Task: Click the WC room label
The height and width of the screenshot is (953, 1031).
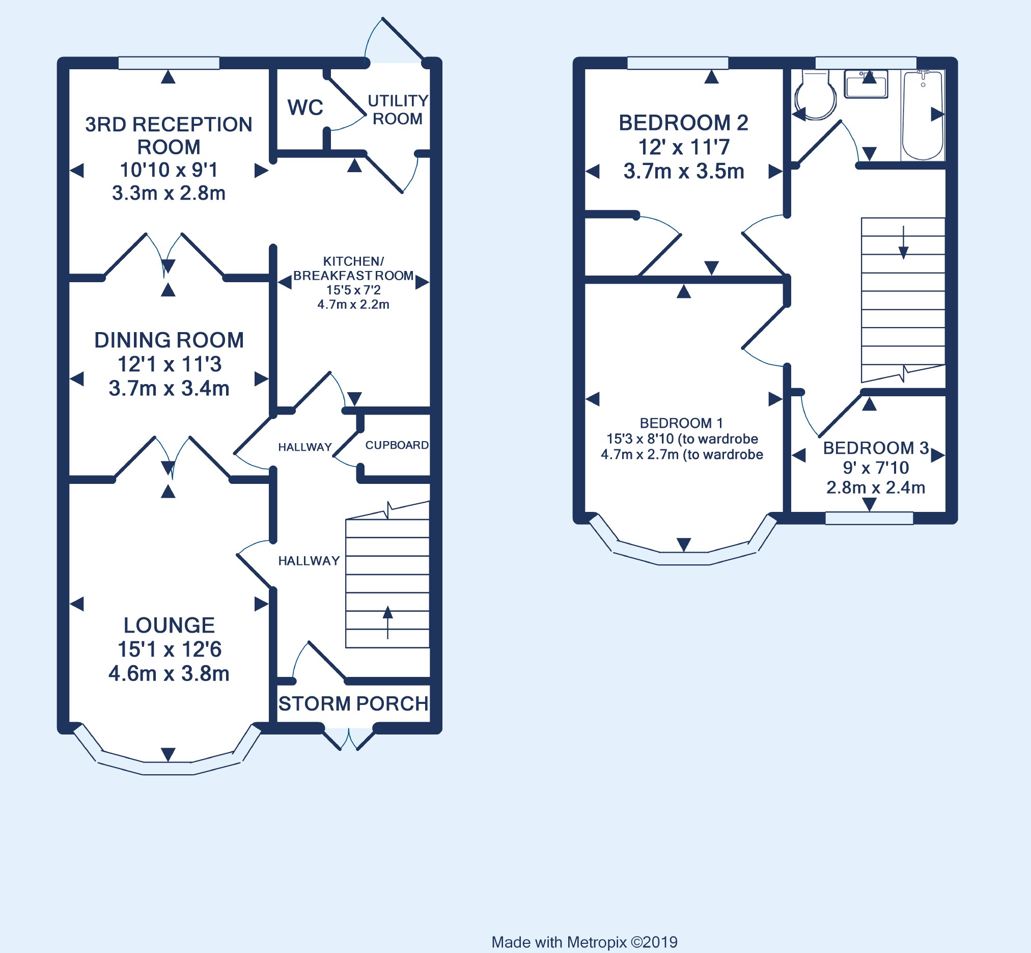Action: (305, 108)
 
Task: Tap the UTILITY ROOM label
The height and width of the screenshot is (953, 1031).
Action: (398, 110)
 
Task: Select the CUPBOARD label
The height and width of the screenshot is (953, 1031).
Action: (397, 445)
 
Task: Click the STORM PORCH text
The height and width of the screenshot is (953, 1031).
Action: (353, 703)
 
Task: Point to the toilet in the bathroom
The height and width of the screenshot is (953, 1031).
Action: (815, 95)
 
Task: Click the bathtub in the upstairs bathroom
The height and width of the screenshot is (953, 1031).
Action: (923, 115)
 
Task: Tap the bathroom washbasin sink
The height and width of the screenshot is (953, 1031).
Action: (866, 84)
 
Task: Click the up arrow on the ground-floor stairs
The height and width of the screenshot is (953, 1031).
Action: (387, 622)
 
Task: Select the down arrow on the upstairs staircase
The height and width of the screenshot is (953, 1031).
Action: (903, 242)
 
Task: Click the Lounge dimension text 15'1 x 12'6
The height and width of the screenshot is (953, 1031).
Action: (169, 649)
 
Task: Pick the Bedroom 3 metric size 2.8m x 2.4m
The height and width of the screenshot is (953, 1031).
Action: (876, 487)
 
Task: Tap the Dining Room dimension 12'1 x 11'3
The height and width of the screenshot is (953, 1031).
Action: (169, 364)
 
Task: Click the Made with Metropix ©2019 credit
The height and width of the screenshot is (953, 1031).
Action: (584, 942)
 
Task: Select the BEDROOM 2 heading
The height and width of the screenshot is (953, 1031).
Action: (684, 123)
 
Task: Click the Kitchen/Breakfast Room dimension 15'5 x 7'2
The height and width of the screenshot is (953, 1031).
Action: (353, 290)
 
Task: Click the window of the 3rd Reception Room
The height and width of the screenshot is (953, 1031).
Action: (169, 63)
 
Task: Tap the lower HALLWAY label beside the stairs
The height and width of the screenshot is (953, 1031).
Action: (309, 561)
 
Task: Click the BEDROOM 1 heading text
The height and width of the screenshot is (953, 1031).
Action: (681, 423)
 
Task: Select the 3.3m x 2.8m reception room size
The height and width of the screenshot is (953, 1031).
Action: (169, 193)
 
